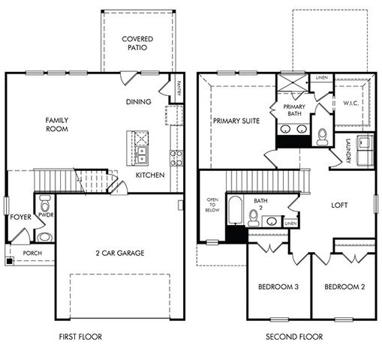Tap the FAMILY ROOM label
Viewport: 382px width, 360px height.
pyautogui.click(x=57, y=124)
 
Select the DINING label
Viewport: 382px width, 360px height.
pyautogui.click(x=139, y=102)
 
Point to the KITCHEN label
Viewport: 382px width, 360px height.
pyautogui.click(x=150, y=175)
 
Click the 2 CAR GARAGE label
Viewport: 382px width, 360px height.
pyautogui.click(x=120, y=253)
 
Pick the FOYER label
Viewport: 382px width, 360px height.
pyautogui.click(x=20, y=217)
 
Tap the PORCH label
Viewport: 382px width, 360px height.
pyautogui.click(x=32, y=253)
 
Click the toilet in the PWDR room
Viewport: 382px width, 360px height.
pyautogui.click(x=44, y=202)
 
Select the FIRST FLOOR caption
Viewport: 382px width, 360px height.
pyautogui.click(x=80, y=337)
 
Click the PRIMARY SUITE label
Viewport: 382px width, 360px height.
pyautogui.click(x=236, y=121)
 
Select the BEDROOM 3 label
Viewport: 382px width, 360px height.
pyautogui.click(x=278, y=287)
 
